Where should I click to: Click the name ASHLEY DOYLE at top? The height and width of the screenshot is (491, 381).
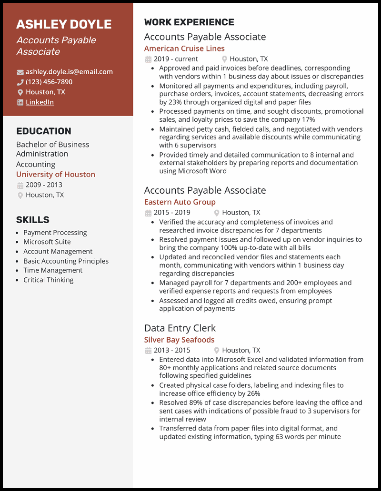(x=64, y=24)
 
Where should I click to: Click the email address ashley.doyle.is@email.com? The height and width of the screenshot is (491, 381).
(x=69, y=72)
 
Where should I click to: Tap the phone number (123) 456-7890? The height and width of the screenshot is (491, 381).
(x=49, y=82)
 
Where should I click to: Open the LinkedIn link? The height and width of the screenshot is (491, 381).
(x=40, y=102)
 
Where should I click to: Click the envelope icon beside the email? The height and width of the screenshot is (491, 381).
(x=20, y=72)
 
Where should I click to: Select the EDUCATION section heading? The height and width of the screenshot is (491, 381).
(x=44, y=131)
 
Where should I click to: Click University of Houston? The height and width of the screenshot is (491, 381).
(x=56, y=175)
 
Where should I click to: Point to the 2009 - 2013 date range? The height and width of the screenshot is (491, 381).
(x=44, y=185)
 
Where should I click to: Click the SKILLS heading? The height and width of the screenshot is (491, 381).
(x=33, y=220)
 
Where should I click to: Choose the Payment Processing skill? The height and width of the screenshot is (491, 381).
(x=55, y=233)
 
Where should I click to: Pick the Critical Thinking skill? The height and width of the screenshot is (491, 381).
(x=49, y=280)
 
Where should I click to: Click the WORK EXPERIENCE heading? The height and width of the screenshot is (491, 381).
(x=189, y=22)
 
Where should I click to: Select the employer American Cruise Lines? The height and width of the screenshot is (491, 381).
(x=184, y=49)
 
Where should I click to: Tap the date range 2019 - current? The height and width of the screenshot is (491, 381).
(x=176, y=59)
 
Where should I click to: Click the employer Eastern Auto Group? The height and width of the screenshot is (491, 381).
(x=180, y=202)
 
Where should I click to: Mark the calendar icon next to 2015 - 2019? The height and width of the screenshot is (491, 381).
(x=148, y=213)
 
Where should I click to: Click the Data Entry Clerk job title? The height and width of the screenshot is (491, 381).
(x=180, y=328)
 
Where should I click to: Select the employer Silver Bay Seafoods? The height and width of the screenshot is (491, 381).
(x=180, y=340)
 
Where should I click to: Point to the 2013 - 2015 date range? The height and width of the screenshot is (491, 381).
(x=172, y=351)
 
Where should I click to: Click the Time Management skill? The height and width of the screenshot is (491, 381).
(x=53, y=270)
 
